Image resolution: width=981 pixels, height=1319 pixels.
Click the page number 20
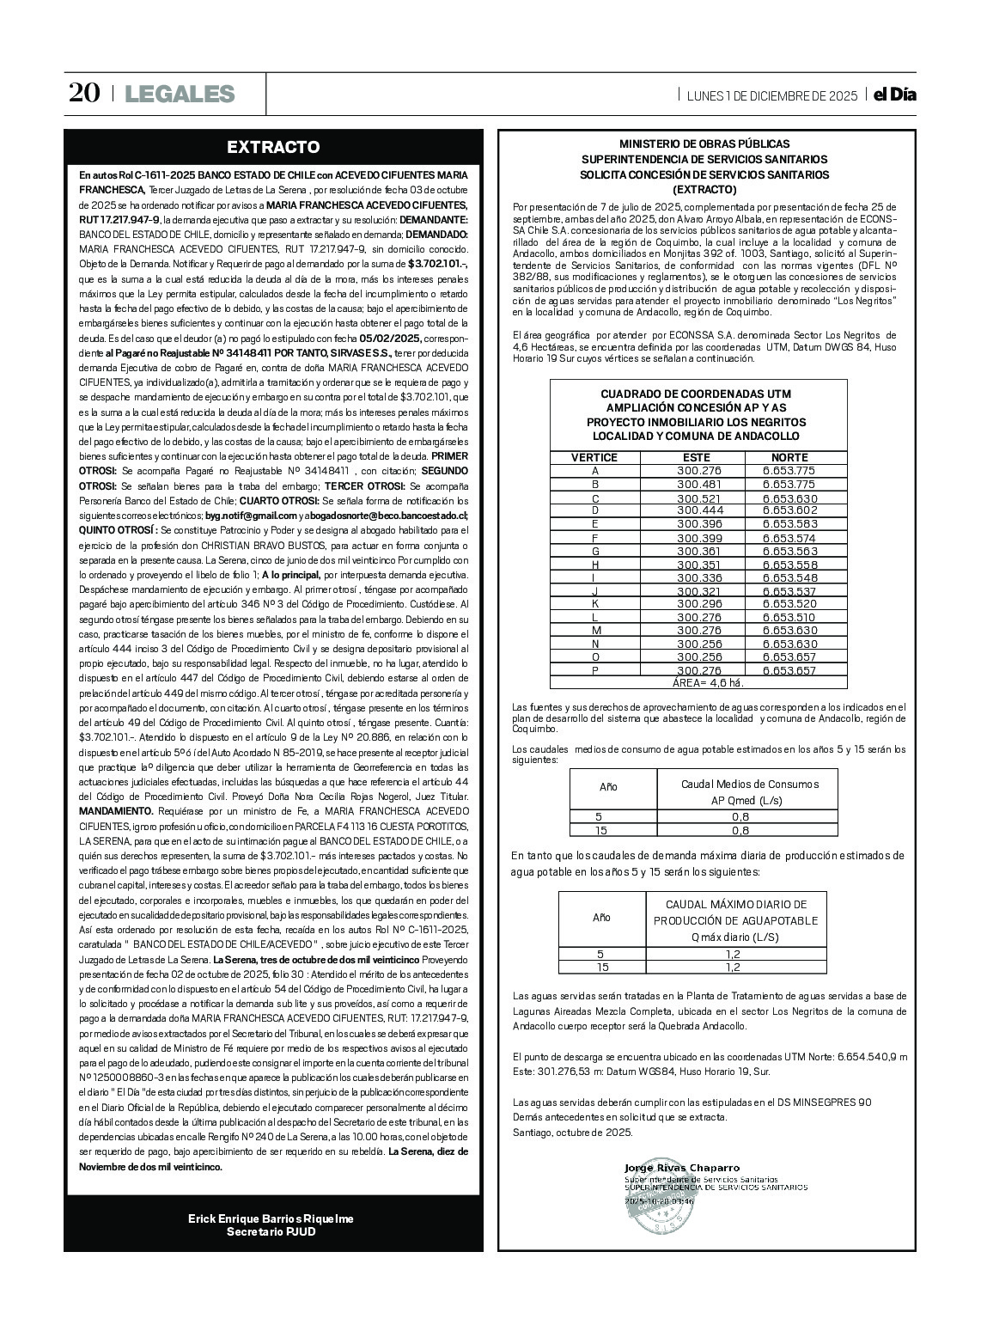[x=85, y=94]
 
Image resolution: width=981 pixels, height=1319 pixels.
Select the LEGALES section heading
[x=180, y=94]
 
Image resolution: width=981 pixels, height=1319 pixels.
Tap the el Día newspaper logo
[x=894, y=95]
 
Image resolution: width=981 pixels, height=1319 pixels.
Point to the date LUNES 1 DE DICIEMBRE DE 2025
[x=772, y=95]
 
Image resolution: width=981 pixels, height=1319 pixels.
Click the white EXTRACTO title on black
[x=272, y=147]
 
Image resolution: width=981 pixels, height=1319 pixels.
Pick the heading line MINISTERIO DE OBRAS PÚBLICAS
[x=704, y=144]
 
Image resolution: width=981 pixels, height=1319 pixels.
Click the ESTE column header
[x=696, y=457]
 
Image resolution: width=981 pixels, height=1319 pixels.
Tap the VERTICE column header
[x=594, y=457]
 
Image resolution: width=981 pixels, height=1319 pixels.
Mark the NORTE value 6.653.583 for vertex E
[x=789, y=524]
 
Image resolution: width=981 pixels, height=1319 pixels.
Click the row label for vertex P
[x=595, y=670]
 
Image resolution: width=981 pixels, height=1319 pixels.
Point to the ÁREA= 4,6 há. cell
[x=707, y=682]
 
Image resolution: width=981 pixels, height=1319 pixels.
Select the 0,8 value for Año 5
[x=740, y=816]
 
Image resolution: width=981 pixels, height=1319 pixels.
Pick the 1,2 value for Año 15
[x=733, y=967]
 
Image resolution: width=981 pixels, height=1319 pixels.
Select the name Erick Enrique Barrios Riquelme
[x=271, y=1218]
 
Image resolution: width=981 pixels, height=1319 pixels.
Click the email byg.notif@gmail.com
[x=245, y=515]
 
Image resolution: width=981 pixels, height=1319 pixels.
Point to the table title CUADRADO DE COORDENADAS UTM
[x=697, y=393]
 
